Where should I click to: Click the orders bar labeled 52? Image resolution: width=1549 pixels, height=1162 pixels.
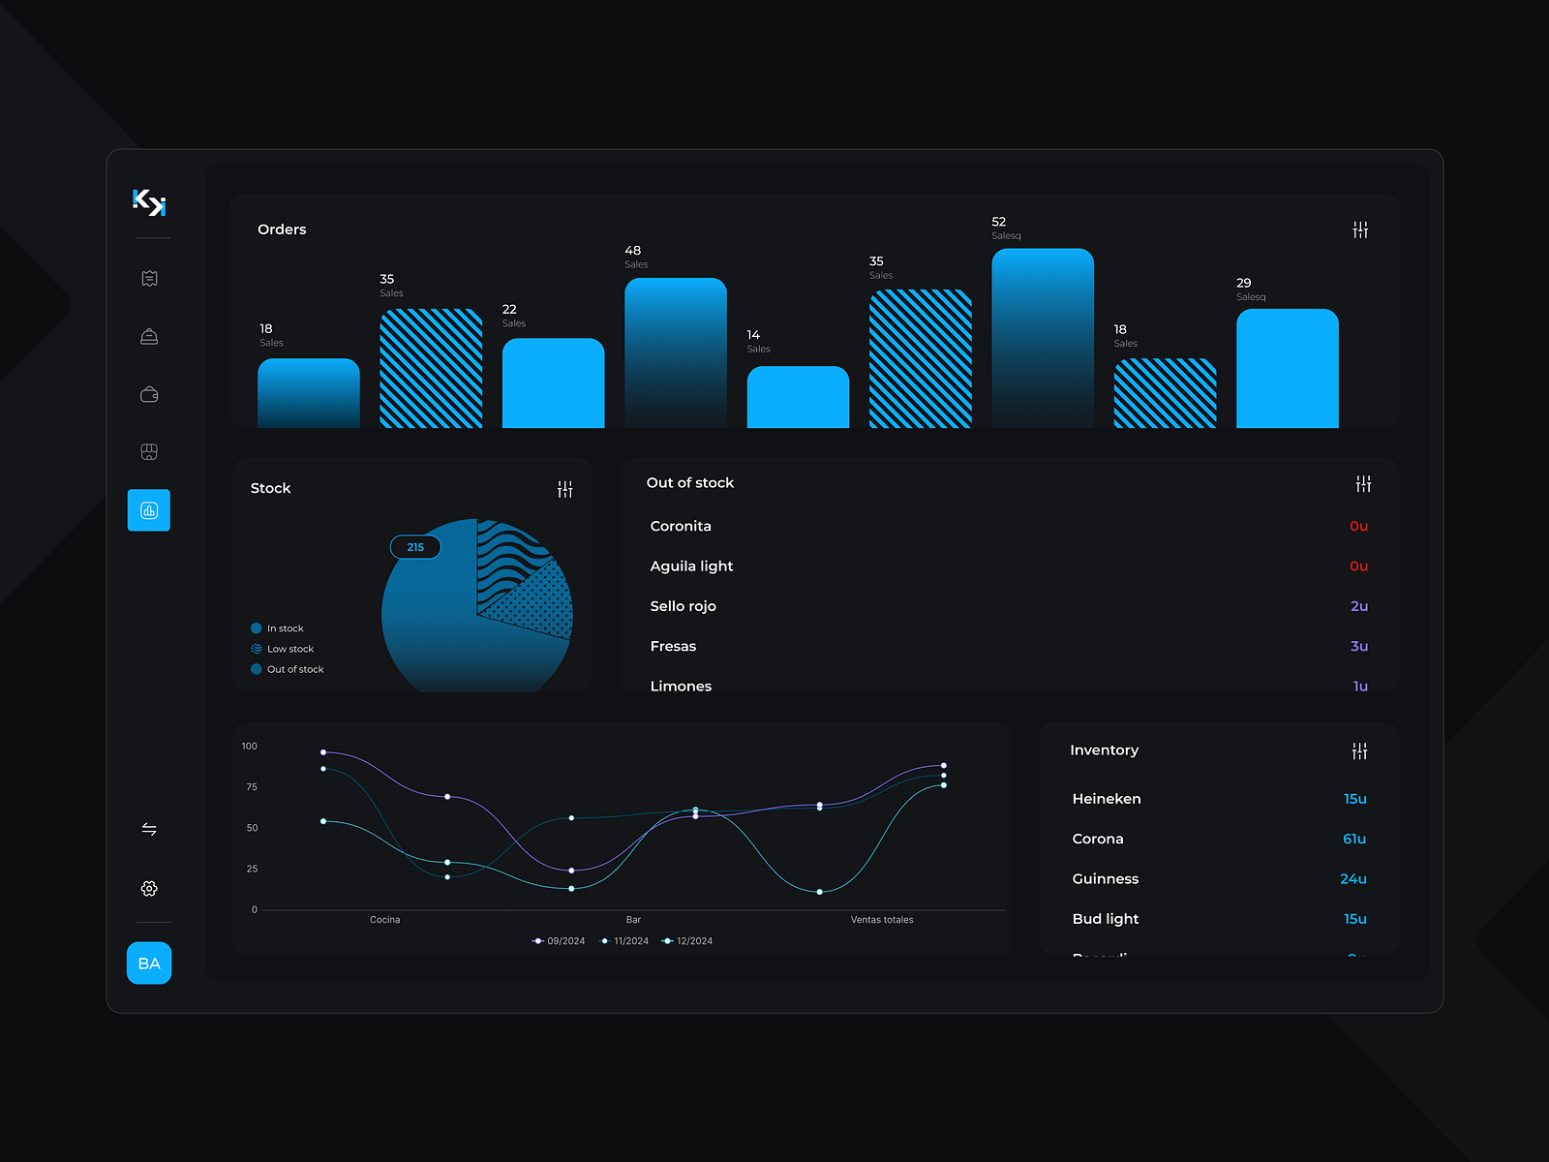(x=1042, y=339)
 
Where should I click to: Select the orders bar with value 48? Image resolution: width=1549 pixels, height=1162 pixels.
(x=675, y=353)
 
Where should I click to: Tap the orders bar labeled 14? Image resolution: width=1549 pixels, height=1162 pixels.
(x=798, y=397)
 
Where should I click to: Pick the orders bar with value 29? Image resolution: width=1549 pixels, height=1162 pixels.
(x=1287, y=369)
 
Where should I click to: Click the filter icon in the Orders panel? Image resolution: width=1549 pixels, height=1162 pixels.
(x=1360, y=229)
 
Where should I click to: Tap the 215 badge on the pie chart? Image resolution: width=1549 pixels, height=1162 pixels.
(x=415, y=547)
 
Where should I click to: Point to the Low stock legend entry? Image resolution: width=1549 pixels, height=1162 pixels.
(x=289, y=649)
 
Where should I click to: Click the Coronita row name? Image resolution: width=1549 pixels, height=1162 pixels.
(x=681, y=526)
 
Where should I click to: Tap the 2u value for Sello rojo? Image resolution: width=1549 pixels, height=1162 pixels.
(x=1359, y=606)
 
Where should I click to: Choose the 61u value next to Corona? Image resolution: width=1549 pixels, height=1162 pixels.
(x=1354, y=839)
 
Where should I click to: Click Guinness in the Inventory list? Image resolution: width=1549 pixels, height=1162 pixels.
(x=1105, y=879)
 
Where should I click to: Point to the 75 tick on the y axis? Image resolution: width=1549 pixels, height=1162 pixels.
(x=252, y=787)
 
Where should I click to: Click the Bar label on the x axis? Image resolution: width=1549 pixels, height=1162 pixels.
(x=633, y=920)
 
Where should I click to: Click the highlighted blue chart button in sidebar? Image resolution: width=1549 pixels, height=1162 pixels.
(x=149, y=510)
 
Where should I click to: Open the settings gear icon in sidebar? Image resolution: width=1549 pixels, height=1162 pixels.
(x=149, y=888)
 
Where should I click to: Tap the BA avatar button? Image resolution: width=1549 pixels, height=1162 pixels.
(x=149, y=963)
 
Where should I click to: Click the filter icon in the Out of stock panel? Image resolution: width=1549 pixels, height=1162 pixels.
(x=1363, y=483)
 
